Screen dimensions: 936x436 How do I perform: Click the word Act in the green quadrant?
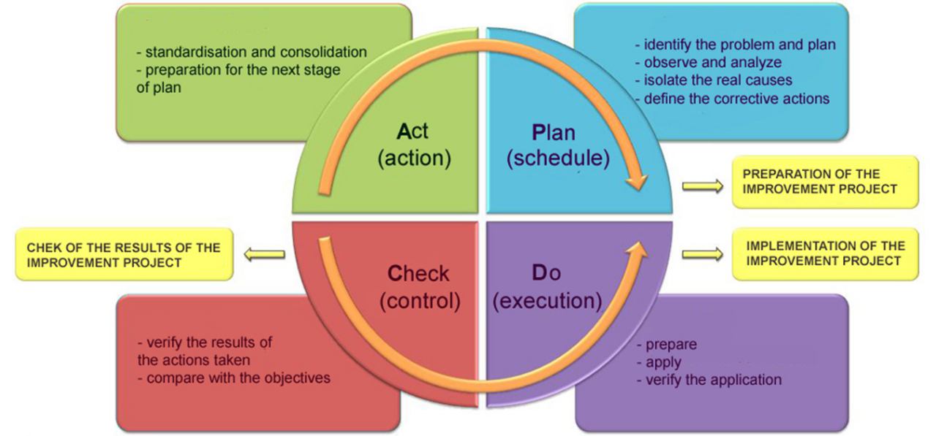(412, 131)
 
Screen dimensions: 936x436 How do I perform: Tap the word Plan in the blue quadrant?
(554, 133)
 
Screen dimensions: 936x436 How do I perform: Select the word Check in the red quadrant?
(418, 274)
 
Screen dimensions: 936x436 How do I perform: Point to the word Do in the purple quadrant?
(546, 273)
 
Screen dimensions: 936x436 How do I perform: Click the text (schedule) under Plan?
(558, 158)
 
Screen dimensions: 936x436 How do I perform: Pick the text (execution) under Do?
(548, 300)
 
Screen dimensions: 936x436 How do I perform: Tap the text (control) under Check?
(420, 301)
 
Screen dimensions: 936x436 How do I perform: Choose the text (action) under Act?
(414, 158)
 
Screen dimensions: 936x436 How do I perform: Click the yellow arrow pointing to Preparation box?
(703, 186)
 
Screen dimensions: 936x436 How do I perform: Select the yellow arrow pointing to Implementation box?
(703, 254)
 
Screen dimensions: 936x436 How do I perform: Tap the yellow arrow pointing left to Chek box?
(265, 254)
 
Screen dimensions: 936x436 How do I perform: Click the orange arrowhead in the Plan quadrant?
(637, 182)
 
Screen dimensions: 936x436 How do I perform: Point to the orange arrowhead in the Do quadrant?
(637, 250)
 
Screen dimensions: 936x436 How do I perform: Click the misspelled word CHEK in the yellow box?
(42, 248)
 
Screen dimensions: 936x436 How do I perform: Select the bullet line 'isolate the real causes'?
(713, 80)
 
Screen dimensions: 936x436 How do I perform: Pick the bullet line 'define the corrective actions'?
(732, 99)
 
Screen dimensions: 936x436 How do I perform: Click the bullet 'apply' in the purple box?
(659, 362)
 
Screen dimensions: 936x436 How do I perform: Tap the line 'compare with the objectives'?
(234, 378)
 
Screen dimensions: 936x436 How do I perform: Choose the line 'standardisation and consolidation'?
(252, 52)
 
